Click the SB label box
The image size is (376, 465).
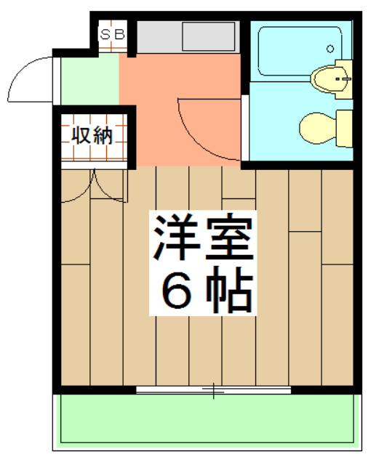coord(113,33)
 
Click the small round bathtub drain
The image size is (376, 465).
coord(330,49)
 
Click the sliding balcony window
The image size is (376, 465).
coord(213,391)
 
